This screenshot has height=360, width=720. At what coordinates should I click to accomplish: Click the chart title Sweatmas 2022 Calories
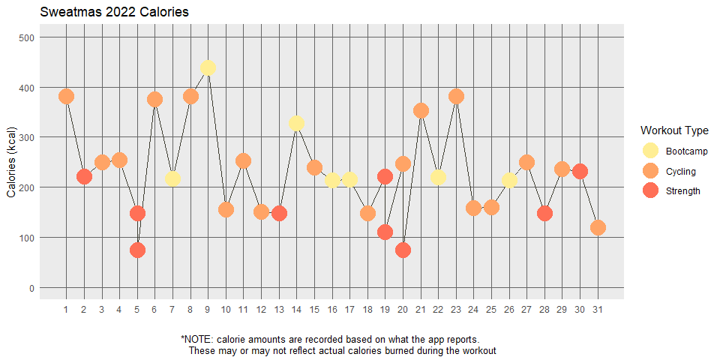pos(114,13)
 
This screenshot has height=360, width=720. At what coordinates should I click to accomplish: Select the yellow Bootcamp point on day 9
pos(208,67)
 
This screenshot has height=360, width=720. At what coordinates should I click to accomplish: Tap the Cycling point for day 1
pos(66,96)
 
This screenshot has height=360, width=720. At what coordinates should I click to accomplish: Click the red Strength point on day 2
pos(84,177)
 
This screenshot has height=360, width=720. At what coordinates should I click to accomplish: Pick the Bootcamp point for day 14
pos(296,123)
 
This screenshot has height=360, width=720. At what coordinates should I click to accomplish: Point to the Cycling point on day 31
pos(598,227)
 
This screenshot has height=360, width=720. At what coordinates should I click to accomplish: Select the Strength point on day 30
pos(580,171)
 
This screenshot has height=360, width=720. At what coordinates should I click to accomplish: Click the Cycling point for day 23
pos(456,96)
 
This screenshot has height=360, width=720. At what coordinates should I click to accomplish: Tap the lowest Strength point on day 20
pos(403,250)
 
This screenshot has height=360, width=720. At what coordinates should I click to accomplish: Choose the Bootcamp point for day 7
pos(172,178)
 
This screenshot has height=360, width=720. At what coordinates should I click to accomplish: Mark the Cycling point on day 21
pos(421,110)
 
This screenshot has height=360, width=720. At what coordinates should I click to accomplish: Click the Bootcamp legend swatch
pos(650,151)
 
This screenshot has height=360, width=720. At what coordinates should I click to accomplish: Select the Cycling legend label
pos(680,172)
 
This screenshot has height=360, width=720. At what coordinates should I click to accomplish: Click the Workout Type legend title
pos(674,130)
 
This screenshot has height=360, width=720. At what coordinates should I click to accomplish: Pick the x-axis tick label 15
pos(314,310)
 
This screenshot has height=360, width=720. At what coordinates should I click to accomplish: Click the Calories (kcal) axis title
pos(12,162)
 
